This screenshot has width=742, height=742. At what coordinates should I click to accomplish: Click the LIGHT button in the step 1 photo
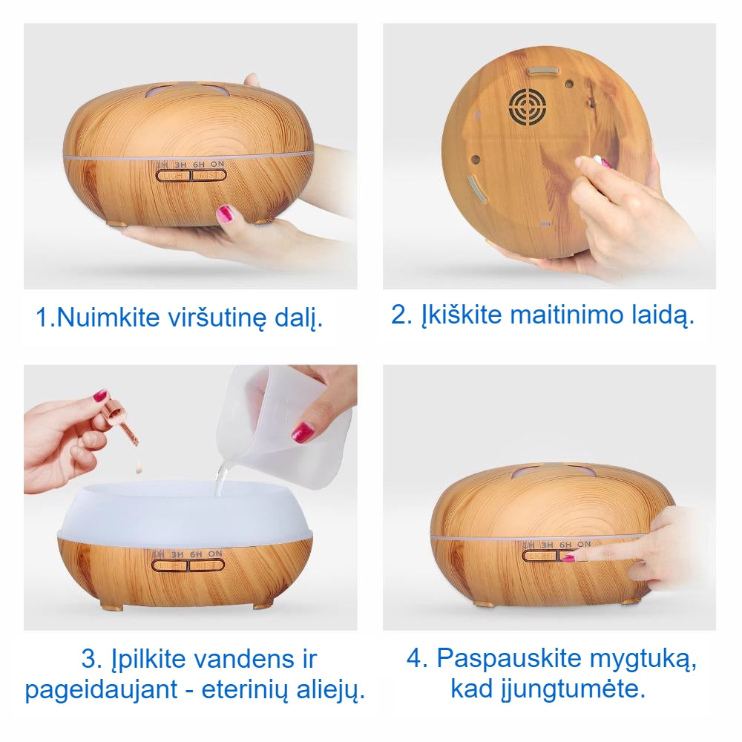173,175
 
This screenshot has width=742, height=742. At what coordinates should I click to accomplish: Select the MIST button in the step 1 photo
209,175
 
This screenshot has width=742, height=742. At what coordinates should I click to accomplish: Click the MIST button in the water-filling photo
206,565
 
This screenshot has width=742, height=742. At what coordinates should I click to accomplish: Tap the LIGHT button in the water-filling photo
170,565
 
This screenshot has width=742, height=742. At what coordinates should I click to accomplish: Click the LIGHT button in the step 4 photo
539,556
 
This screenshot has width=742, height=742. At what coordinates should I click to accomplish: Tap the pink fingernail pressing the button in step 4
568,557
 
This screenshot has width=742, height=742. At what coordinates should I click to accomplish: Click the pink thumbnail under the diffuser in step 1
224,216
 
